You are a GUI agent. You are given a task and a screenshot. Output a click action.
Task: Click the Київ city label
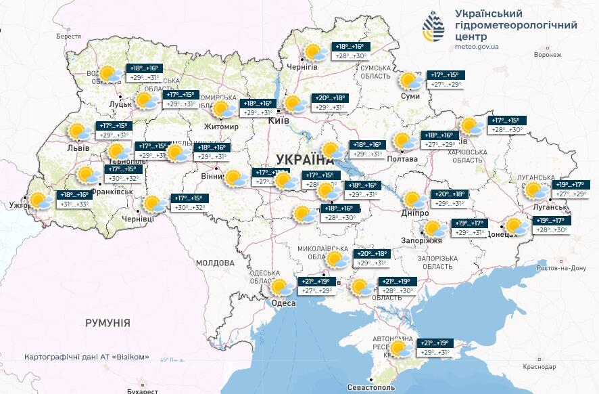click(279, 120)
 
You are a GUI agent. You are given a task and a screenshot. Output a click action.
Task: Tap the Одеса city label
click(283, 303)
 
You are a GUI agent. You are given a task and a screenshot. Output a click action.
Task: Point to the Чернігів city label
click(301, 66)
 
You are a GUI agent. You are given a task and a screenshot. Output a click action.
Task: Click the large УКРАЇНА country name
click(305, 160)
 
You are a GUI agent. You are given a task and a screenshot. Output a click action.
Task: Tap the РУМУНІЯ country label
click(107, 323)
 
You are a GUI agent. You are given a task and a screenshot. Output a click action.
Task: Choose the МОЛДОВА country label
click(214, 262)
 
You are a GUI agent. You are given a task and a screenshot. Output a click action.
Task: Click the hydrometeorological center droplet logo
click(434, 27)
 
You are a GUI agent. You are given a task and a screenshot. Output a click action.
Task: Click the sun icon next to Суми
click(408, 81)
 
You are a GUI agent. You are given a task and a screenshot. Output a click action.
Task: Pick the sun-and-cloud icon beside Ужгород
click(39, 200)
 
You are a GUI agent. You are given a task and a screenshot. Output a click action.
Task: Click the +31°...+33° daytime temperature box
click(76, 204)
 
